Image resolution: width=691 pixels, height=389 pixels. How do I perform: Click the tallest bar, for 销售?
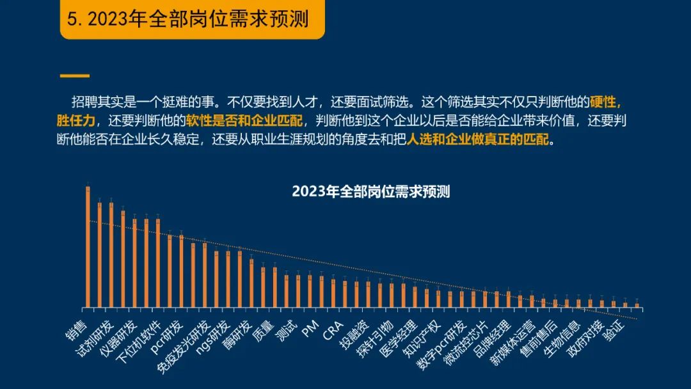pos(88,246)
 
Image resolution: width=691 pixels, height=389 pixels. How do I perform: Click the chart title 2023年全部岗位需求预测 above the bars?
pos(371,191)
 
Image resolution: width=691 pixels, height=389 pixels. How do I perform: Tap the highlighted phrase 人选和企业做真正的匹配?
pos(478,139)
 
